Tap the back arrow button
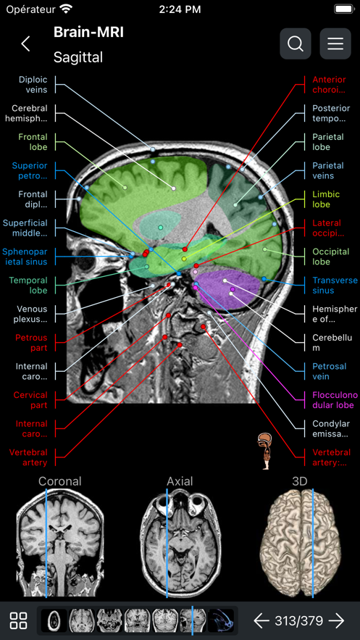click(x=26, y=43)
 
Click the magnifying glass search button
click(x=296, y=43)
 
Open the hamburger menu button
click(x=335, y=43)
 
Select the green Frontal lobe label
click(x=33, y=141)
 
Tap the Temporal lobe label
click(x=29, y=285)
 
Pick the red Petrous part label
click(x=31, y=342)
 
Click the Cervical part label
click(x=30, y=400)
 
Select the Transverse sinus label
click(x=335, y=286)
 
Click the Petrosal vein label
click(x=330, y=371)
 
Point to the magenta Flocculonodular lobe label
click(x=335, y=400)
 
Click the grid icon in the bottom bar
click(x=19, y=620)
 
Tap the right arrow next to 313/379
click(x=336, y=620)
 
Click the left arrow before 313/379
click(x=261, y=620)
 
